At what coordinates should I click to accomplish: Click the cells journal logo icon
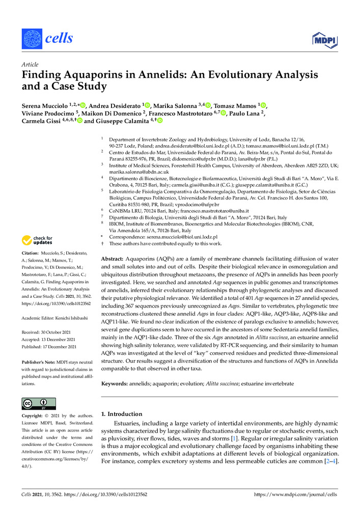tap(31, 38)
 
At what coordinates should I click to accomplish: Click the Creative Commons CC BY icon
tap(35, 404)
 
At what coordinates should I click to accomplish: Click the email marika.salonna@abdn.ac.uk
tap(134, 172)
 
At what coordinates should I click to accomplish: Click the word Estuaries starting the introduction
tap(128, 424)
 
